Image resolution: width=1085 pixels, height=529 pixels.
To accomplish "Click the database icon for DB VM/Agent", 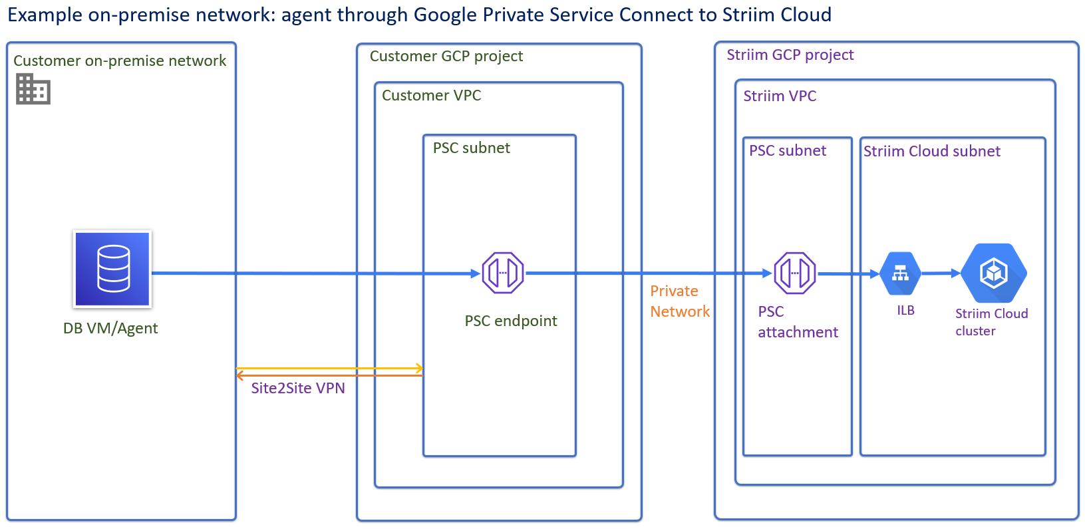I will click(112, 269).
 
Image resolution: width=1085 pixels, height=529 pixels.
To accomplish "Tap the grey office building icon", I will click(33, 89).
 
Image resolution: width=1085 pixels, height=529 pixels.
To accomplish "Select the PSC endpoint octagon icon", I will click(503, 273).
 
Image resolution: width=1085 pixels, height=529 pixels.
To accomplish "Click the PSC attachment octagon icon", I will click(794, 273).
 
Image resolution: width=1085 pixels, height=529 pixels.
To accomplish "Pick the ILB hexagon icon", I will click(900, 273).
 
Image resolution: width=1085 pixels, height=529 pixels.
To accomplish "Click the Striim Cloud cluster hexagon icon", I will click(994, 273).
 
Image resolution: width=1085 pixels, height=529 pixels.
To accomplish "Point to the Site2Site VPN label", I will click(297, 389).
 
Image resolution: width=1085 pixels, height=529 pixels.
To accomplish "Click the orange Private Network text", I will click(679, 301).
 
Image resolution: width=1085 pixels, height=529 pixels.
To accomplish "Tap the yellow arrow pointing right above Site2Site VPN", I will click(329, 368).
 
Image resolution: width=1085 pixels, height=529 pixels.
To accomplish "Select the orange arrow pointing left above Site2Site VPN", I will click(329, 376).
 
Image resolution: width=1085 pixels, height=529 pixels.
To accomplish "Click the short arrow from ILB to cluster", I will click(941, 273).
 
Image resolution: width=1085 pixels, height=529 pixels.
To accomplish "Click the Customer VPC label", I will click(431, 96).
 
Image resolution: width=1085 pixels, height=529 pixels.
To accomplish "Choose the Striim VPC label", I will click(779, 96).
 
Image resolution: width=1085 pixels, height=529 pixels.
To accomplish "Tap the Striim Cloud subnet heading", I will click(931, 152).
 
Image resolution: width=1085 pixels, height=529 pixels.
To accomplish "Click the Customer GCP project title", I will click(446, 57).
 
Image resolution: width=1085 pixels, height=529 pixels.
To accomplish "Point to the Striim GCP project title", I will click(790, 55).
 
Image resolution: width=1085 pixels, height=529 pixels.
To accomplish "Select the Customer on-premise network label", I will click(120, 61).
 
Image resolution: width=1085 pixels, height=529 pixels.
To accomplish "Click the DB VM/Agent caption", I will click(110, 329).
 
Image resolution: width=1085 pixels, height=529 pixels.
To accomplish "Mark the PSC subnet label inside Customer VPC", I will click(471, 148).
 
